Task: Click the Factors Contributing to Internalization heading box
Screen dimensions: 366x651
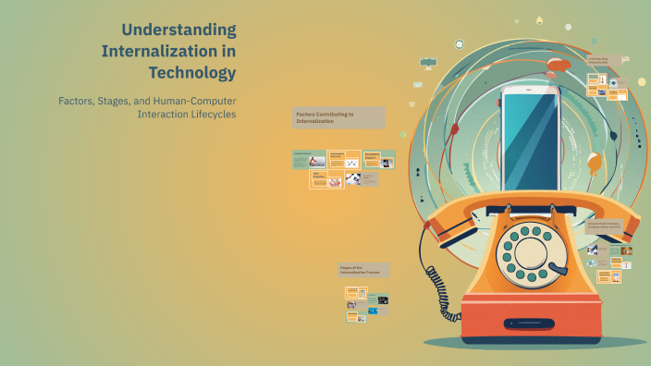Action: click(338, 117)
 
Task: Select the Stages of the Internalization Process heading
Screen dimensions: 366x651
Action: click(363, 270)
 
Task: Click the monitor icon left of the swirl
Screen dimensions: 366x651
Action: click(428, 63)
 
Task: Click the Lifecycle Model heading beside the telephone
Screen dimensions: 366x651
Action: click(607, 224)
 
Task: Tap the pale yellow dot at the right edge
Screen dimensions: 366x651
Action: click(641, 82)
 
